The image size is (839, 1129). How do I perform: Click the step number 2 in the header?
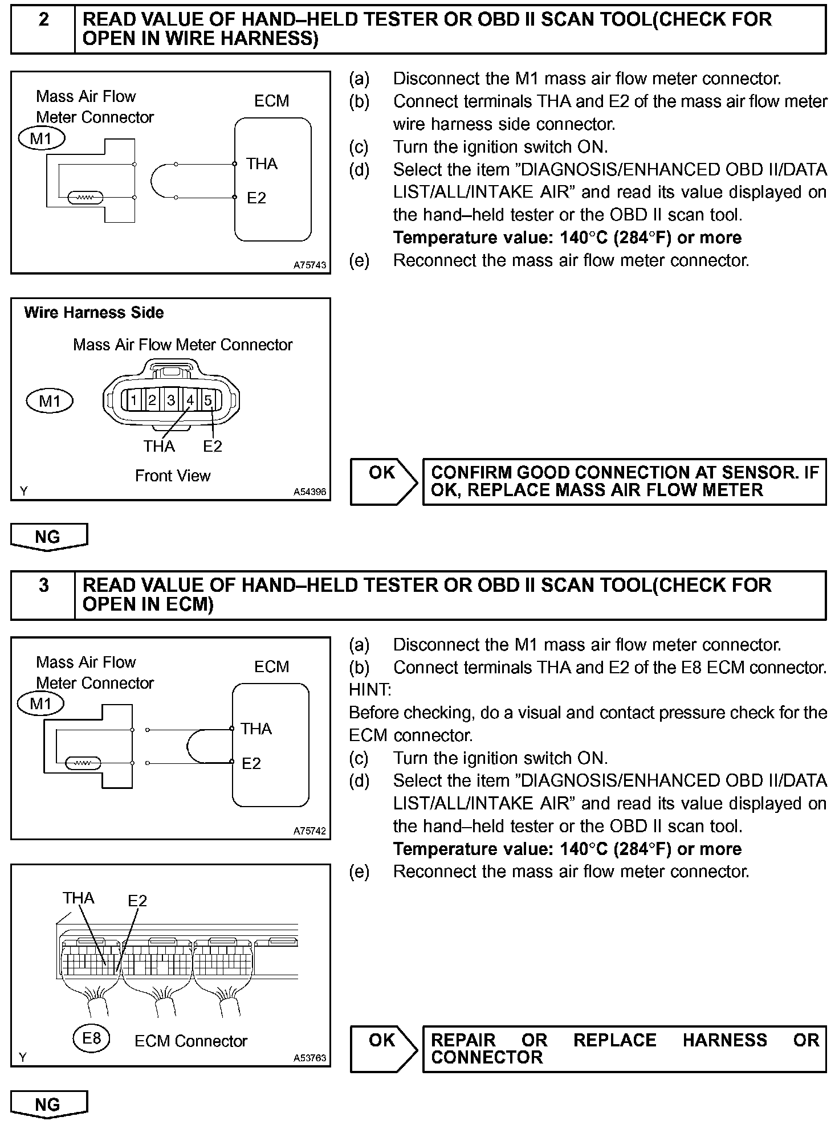[43, 20]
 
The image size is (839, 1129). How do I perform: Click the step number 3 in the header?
[43, 586]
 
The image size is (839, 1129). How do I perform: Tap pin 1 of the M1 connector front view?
[133, 400]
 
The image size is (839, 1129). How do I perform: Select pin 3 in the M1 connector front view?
[171, 400]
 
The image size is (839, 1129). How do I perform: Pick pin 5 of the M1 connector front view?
[208, 400]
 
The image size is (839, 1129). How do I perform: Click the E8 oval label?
[91, 1038]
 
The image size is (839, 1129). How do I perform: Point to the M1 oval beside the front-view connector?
[50, 402]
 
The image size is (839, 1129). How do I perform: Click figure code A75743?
[309, 265]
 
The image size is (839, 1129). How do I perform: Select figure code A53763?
[309, 1058]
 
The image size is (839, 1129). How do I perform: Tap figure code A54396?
[309, 491]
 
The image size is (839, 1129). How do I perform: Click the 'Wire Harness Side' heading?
[93, 313]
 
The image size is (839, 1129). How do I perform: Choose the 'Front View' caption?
[173, 476]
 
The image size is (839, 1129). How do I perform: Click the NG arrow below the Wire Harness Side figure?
[49, 537]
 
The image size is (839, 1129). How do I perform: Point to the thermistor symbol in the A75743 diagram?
[85, 198]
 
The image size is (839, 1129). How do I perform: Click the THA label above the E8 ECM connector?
[78, 898]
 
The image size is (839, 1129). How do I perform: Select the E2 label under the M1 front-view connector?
[212, 447]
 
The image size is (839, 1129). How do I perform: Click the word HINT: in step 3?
[369, 690]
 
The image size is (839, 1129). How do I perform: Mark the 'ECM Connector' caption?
[191, 1041]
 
